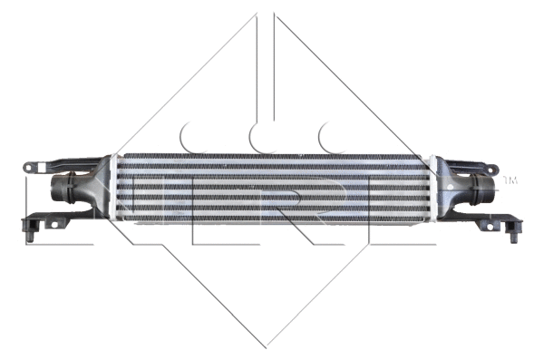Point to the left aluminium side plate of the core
115,189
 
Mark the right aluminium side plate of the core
429,189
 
